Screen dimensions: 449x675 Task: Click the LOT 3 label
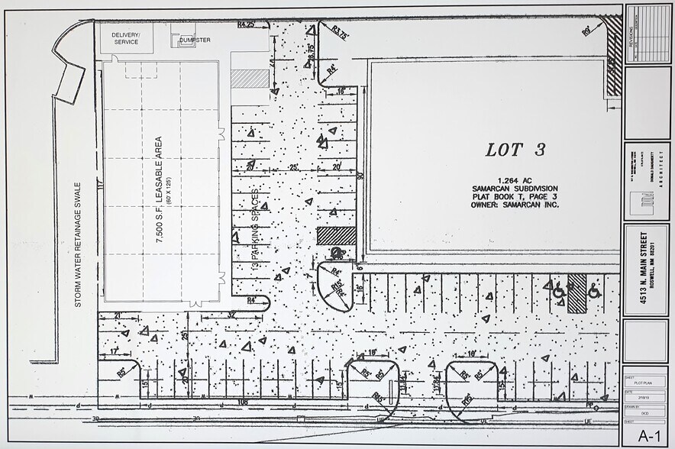pos(515,150)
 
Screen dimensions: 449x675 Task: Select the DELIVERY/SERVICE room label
pos(125,38)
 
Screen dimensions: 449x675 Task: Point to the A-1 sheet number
pos(648,435)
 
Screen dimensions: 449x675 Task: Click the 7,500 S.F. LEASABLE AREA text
pos(159,189)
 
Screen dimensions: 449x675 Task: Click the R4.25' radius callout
pos(245,24)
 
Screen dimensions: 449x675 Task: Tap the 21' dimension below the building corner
pos(118,315)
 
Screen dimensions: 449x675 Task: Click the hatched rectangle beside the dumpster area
pos(250,79)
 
